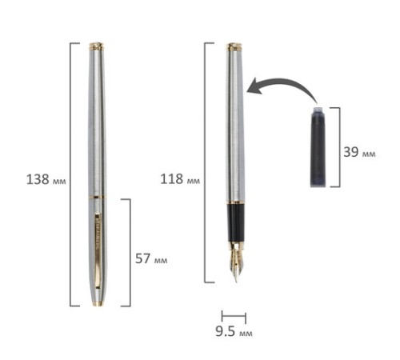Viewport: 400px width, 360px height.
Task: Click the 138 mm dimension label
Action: [46, 179]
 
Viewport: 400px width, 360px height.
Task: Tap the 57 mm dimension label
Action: [151, 258]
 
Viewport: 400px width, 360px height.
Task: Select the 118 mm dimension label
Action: [180, 179]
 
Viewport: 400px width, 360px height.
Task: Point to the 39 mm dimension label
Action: [359, 152]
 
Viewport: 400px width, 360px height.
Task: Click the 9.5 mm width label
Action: [234, 331]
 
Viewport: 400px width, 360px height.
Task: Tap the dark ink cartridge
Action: [318, 147]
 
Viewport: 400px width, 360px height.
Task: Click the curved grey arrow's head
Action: [254, 86]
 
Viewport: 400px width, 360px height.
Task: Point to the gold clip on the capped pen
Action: [98, 250]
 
